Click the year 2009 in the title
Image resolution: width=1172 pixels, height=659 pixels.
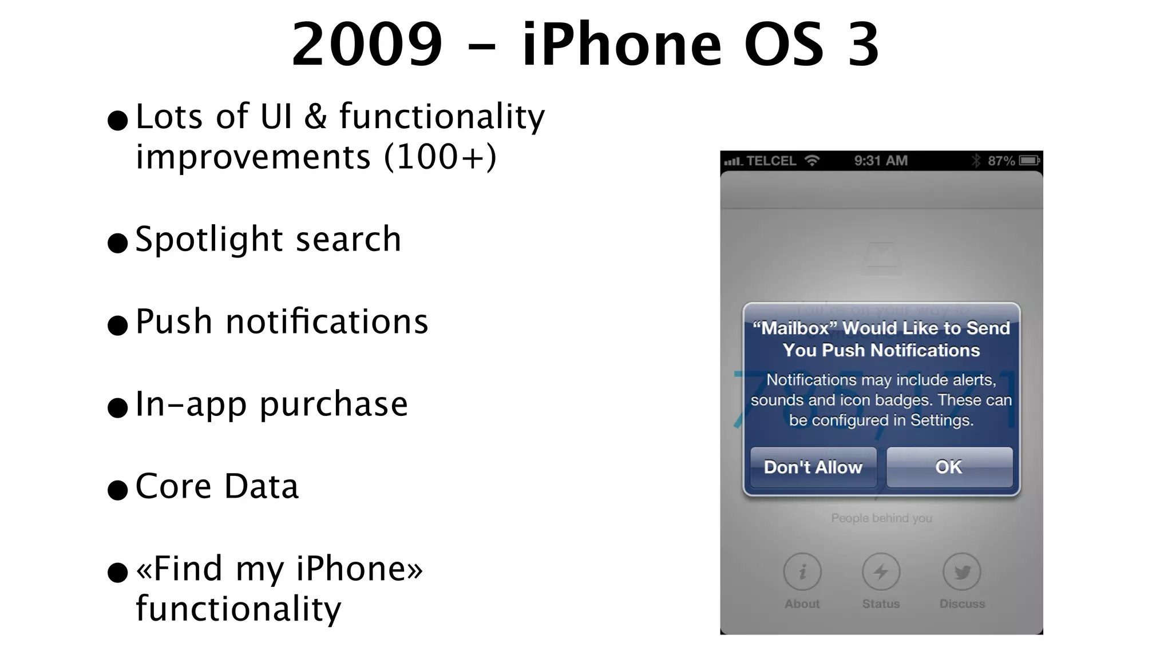(367, 44)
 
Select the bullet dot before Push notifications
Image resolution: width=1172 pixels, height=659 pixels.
(117, 325)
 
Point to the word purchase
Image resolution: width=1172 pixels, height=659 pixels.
(334, 405)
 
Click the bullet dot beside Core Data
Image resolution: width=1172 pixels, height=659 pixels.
(117, 490)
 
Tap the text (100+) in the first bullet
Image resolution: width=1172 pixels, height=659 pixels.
(440, 157)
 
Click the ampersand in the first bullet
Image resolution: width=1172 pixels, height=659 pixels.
(315, 117)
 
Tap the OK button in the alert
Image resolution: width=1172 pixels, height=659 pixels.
(949, 467)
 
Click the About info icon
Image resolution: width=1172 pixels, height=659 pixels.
(802, 571)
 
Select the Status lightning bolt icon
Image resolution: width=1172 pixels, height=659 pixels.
(881, 571)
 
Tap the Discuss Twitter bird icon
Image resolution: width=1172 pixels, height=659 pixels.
(961, 571)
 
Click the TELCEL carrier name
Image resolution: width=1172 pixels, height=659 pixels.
(771, 161)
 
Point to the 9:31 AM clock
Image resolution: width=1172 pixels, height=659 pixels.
(881, 161)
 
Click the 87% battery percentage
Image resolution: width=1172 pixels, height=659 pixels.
(1001, 161)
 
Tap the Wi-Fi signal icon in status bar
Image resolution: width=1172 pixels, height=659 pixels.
(811, 161)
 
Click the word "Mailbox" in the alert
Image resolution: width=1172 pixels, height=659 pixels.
(795, 328)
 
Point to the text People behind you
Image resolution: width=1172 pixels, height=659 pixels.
(881, 518)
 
